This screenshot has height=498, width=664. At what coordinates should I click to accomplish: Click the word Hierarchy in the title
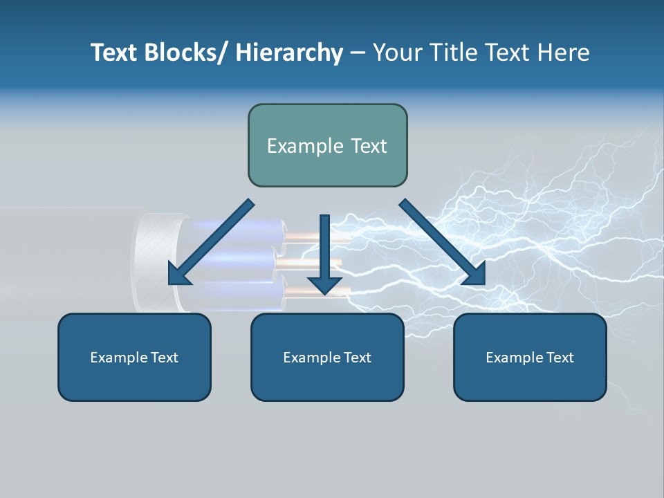[x=289, y=53]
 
